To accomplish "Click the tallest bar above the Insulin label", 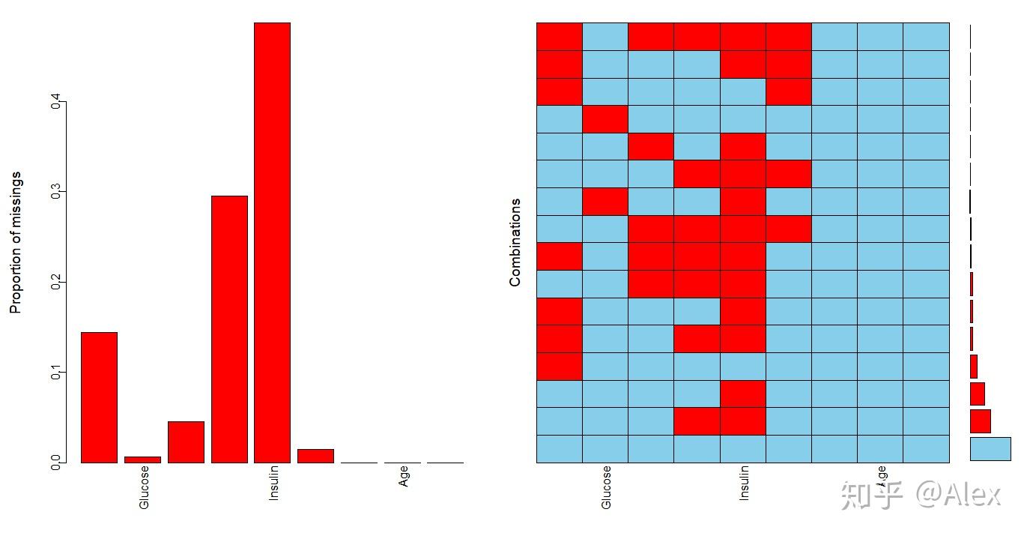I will click(x=272, y=242).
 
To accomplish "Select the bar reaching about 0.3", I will click(x=229, y=329).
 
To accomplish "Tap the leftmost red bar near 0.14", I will click(x=99, y=397).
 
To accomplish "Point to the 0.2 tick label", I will click(x=55, y=282).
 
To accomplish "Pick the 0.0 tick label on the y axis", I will click(x=55, y=463).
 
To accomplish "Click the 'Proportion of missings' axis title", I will click(x=16, y=242).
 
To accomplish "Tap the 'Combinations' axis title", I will click(x=515, y=242).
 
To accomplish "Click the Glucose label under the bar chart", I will click(x=144, y=487).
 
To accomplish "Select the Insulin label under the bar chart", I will click(x=273, y=484).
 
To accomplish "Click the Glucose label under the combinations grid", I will click(x=606, y=487).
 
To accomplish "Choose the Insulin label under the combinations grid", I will click(x=744, y=484).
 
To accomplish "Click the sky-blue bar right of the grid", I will click(x=990, y=448).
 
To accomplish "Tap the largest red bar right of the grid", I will click(x=980, y=421).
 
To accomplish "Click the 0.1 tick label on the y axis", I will click(x=55, y=372).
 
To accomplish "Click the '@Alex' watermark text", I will click(x=957, y=495).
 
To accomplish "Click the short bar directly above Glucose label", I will click(x=142, y=460).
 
